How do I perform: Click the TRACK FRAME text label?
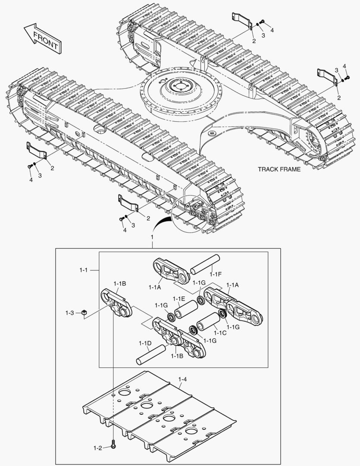(x=279, y=170)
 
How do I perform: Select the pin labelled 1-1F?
(x=206, y=264)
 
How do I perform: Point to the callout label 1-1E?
(x=179, y=299)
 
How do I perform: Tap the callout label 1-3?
(x=70, y=312)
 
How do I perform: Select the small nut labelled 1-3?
(x=85, y=313)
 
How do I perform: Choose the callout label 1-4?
(x=182, y=379)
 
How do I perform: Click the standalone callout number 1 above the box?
(x=151, y=238)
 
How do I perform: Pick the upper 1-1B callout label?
(x=120, y=283)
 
